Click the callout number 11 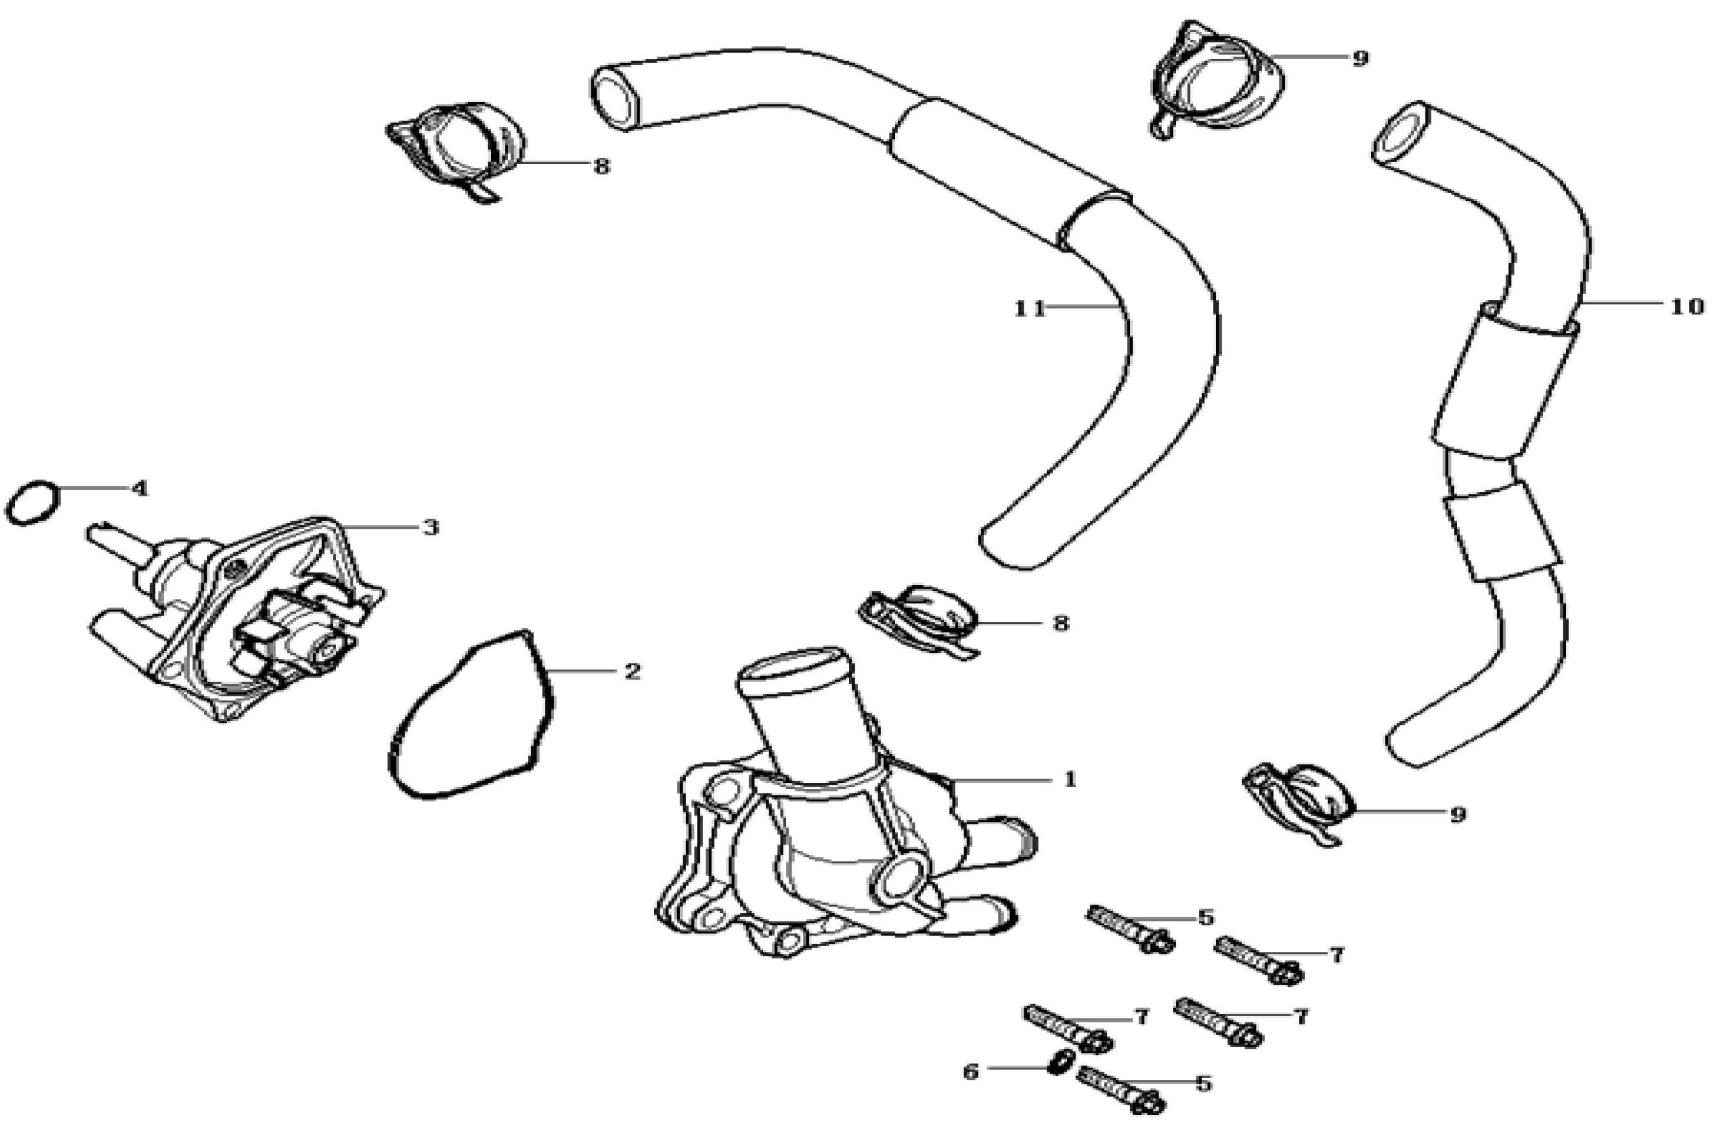point(1030,308)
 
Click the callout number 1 point(1069,779)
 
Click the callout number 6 point(970,1072)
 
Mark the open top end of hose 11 point(616,100)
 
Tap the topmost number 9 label point(1359,58)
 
